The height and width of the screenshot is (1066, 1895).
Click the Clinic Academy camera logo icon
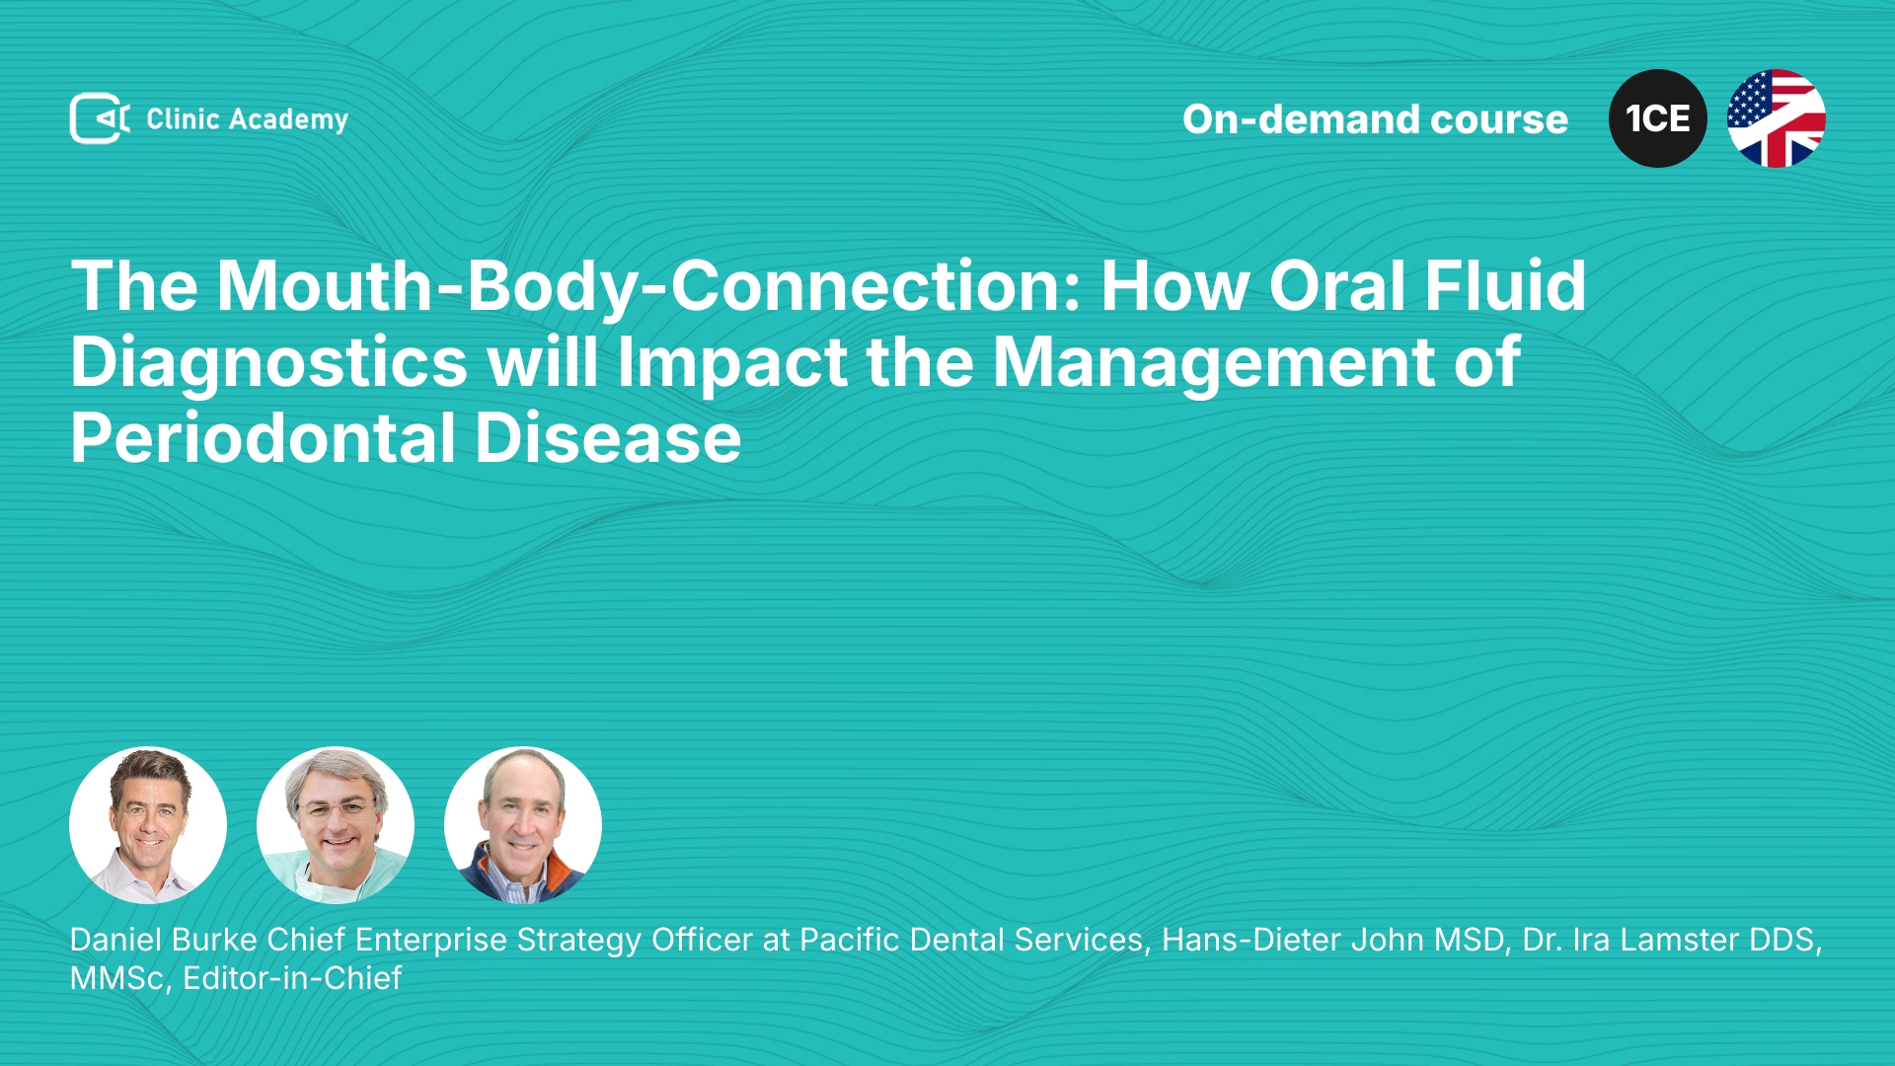coord(100,118)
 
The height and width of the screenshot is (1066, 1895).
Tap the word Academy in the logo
coord(288,120)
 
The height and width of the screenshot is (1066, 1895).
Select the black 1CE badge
coord(1657,118)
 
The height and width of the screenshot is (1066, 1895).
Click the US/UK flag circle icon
coord(1776,118)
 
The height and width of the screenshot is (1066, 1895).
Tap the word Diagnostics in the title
coord(268,363)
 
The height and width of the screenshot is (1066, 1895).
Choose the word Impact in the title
coord(732,363)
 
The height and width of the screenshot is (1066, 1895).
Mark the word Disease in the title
coord(608,438)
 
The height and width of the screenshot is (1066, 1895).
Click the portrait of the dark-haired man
coord(148,825)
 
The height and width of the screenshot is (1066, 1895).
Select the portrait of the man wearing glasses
coord(336,825)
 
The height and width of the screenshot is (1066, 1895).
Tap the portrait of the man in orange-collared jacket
coord(523,825)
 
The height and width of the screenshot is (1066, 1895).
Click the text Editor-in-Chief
coord(292,978)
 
